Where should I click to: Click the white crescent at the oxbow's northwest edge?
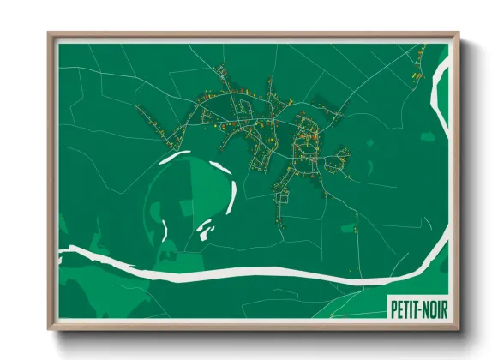coord(177,155)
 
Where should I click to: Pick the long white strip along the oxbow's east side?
coord(231,190)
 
